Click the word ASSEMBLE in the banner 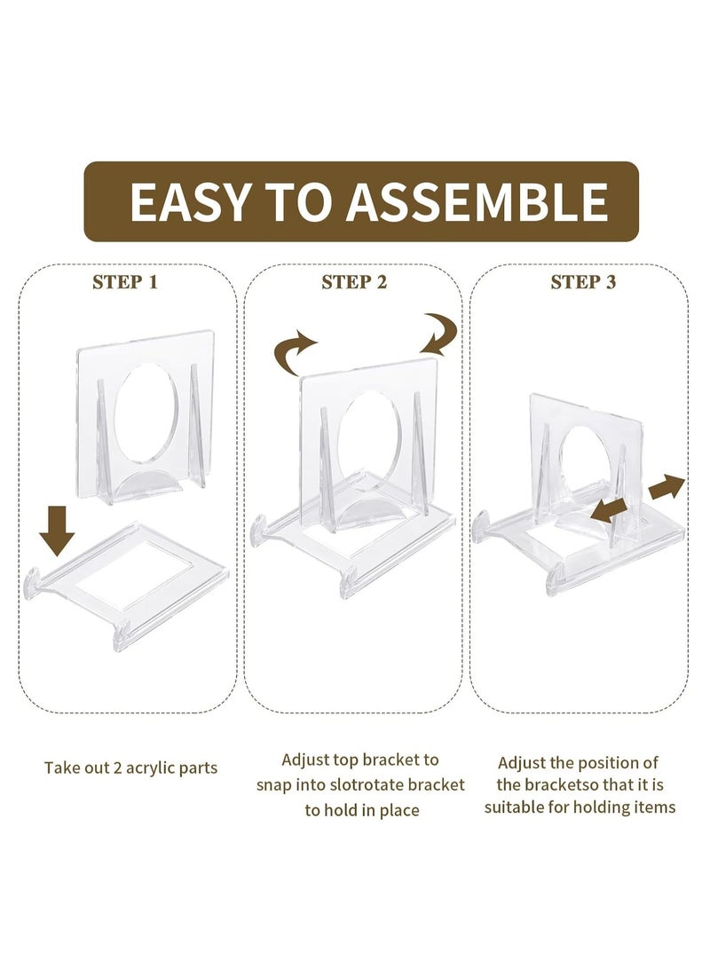coord(477,202)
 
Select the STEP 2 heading coord(354,282)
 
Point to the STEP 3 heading coord(583,282)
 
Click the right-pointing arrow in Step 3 coord(667,487)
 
